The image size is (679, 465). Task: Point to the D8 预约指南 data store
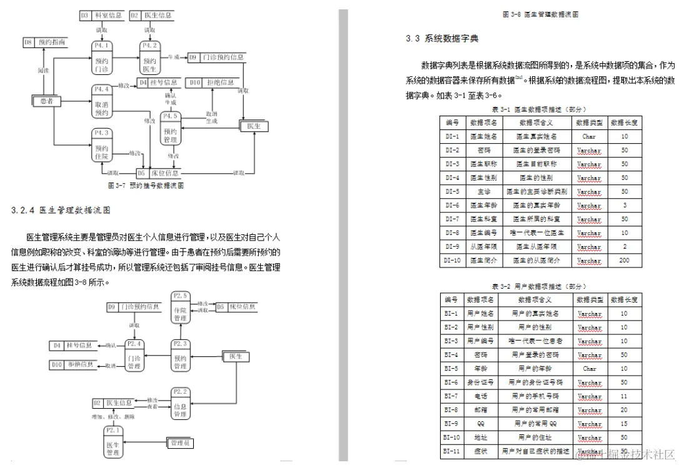coord(44,42)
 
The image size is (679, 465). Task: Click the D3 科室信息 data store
coord(101,15)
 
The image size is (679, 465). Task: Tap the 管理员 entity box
coord(181,443)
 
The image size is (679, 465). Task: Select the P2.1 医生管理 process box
coord(114,441)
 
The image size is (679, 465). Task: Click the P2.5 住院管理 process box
coord(180,306)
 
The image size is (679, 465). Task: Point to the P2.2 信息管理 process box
coord(180,403)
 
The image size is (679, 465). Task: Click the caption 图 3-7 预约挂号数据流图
coord(146,186)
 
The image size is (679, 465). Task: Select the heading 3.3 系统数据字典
coord(442,39)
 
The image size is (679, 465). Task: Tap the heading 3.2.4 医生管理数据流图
coord(61,210)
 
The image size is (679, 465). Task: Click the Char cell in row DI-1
coord(589,136)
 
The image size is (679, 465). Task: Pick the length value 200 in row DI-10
coord(624,260)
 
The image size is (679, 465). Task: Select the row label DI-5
coord(452,191)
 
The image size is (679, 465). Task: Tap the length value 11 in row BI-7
coord(624,396)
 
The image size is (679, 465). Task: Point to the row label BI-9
coord(451,424)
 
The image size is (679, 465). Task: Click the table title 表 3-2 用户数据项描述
coord(538,286)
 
